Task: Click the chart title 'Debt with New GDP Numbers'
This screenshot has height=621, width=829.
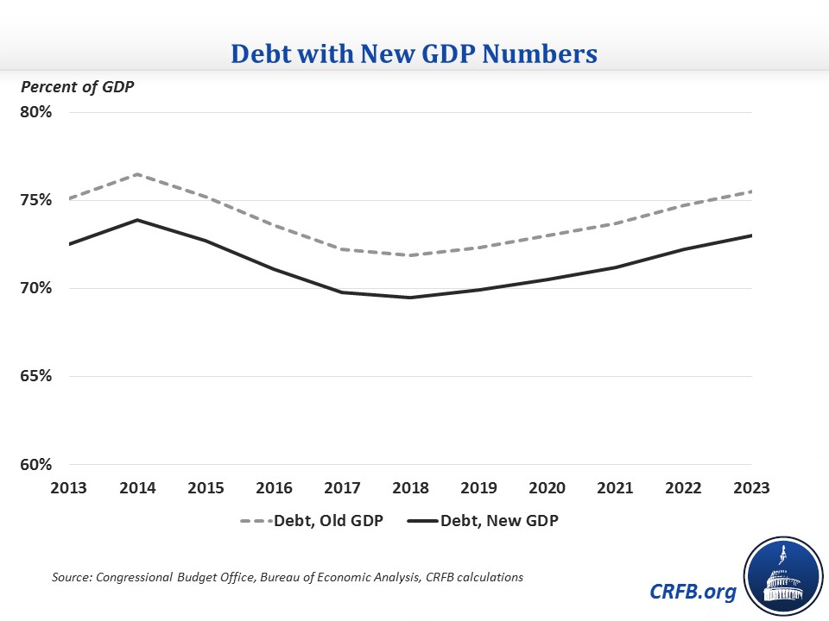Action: pos(414,54)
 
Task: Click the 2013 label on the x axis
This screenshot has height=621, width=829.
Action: pos(69,487)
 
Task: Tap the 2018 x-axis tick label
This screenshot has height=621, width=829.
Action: pos(410,487)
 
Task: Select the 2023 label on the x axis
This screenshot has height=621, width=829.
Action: pos(751,487)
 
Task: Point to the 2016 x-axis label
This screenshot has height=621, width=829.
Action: pos(274,487)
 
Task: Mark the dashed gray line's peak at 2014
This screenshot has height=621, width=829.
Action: pos(137,174)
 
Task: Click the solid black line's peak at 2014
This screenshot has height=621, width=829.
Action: pos(137,220)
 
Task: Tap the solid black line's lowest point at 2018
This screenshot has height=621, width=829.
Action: pos(410,298)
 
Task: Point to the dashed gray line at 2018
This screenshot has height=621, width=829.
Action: pos(410,255)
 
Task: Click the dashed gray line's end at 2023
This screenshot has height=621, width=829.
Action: pos(751,191)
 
